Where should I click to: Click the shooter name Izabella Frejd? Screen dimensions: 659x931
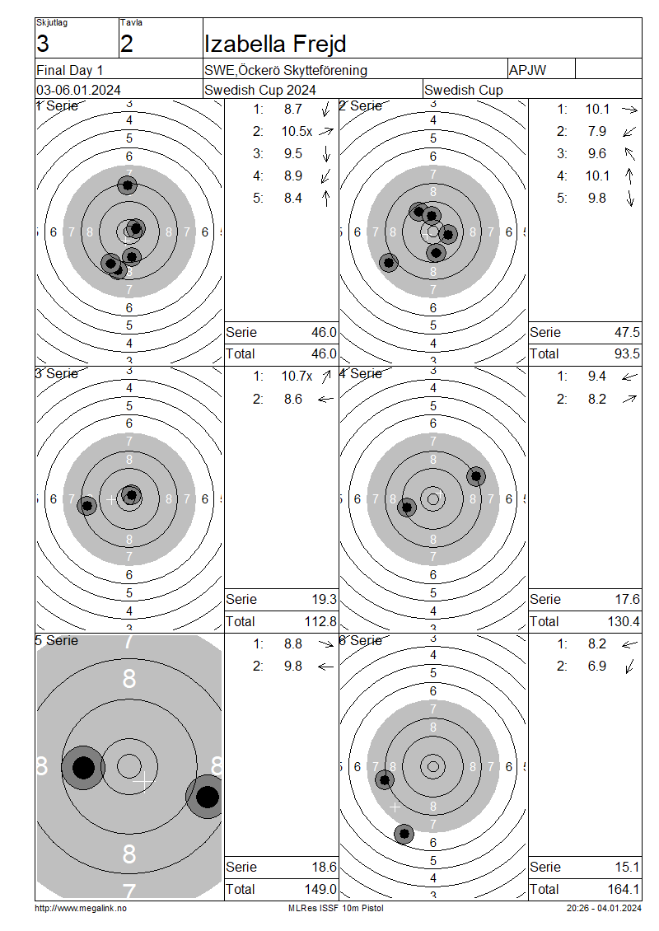tap(275, 44)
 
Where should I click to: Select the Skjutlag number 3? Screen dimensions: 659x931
tap(43, 44)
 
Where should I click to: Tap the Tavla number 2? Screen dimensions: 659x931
tap(127, 44)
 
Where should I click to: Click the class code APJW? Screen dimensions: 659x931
tap(527, 70)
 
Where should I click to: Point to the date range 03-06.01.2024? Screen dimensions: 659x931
tap(78, 91)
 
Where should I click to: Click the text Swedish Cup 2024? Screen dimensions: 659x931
tap(260, 91)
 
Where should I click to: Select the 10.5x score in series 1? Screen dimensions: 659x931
tap(297, 131)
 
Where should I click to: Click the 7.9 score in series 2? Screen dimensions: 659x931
tap(596, 131)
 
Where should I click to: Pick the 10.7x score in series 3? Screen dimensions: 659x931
tap(297, 376)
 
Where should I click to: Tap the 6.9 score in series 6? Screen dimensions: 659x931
tap(596, 667)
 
